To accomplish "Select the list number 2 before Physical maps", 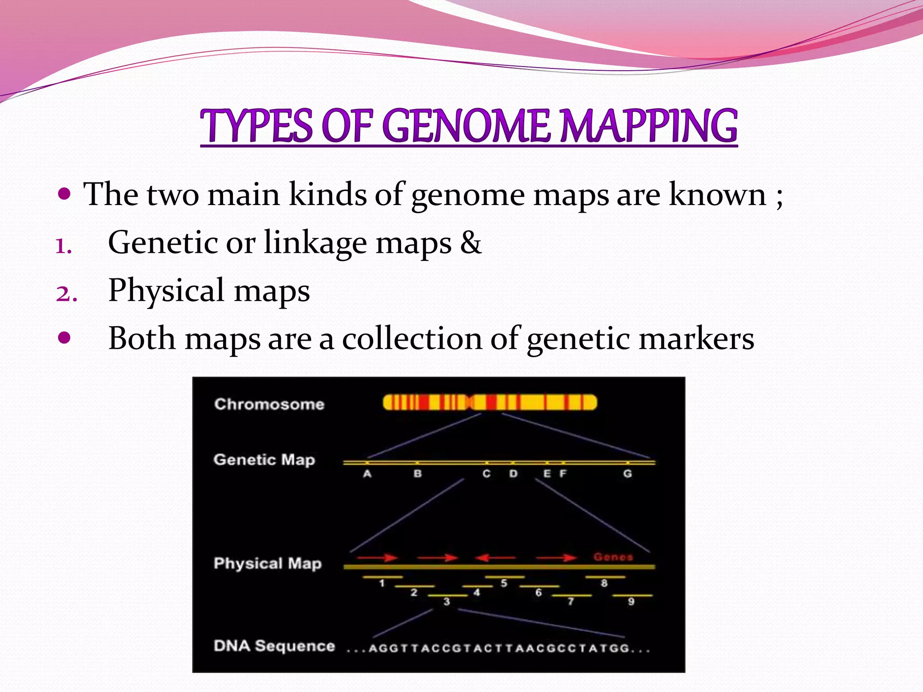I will click(x=66, y=293).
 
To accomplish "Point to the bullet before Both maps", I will click(x=65, y=338).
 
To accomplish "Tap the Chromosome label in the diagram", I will click(x=269, y=404).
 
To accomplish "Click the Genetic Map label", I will click(x=264, y=460).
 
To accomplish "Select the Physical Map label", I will click(x=268, y=564).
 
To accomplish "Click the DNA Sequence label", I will click(x=274, y=646).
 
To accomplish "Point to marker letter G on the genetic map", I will click(x=627, y=473).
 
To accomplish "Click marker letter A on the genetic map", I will click(x=367, y=473).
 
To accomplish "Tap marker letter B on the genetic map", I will click(x=418, y=473).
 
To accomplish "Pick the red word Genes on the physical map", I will click(x=613, y=557).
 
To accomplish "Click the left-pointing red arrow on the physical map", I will click(x=495, y=558).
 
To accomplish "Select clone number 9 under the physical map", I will click(x=631, y=601).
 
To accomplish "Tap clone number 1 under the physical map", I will click(x=382, y=583).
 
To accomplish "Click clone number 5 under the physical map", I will click(x=504, y=583).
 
